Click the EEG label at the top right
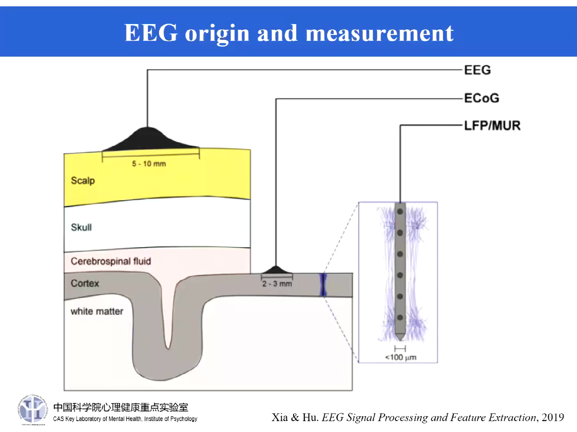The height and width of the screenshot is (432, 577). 477,70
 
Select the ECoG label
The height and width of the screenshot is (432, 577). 481,98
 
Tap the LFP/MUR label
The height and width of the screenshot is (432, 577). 492,125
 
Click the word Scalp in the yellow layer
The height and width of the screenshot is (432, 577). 83,180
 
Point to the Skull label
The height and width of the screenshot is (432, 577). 81,227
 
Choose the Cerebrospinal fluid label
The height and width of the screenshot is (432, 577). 111,261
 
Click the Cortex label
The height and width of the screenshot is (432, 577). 85,283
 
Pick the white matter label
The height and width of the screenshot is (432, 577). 97,311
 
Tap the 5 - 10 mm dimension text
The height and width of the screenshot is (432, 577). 149,163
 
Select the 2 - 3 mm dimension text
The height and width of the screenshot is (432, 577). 277,283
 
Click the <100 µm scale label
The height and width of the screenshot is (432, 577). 401,357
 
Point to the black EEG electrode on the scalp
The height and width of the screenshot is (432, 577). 148,139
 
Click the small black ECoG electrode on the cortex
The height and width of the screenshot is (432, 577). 276,270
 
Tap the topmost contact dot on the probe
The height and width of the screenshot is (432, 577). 400,211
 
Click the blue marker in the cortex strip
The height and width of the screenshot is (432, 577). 323,284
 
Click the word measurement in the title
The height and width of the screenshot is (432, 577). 380,33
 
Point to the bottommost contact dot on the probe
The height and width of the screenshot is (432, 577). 400,318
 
